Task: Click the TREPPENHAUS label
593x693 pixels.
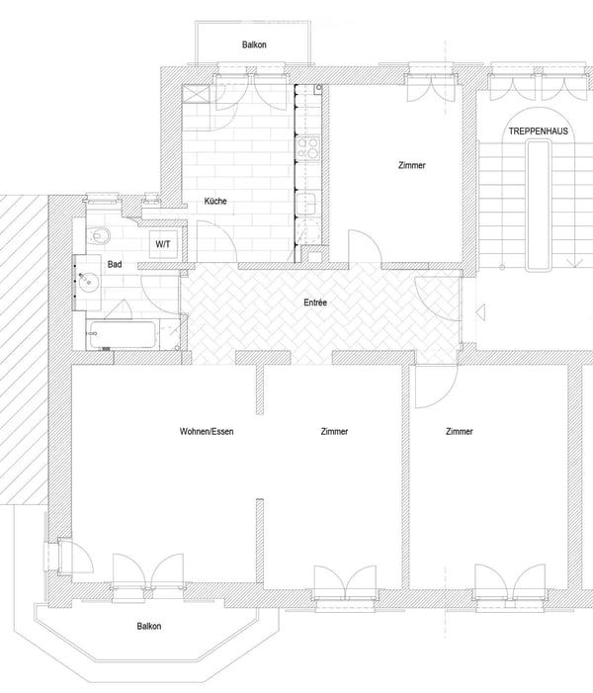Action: point(538,131)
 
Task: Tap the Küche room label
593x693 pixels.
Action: point(215,201)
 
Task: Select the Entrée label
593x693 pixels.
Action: point(315,303)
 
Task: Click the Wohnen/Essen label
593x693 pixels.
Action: point(207,431)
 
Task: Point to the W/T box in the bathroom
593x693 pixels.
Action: point(163,244)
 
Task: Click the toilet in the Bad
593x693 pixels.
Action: point(99,235)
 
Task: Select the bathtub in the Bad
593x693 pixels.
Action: point(122,334)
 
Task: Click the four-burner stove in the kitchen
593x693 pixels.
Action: point(307,148)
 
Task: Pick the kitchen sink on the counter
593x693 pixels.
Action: point(306,204)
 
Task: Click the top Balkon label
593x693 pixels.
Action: point(254,44)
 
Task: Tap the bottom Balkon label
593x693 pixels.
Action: point(149,626)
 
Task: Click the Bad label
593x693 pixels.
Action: point(115,264)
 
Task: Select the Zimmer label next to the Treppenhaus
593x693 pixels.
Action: point(412,165)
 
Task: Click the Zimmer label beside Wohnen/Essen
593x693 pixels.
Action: point(334,431)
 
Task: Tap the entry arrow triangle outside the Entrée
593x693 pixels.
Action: point(480,312)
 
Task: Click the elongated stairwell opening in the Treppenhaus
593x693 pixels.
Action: point(539,205)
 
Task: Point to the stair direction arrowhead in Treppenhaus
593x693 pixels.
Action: point(574,263)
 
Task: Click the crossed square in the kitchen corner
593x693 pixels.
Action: point(196,94)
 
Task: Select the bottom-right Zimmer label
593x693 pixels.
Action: point(460,431)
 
